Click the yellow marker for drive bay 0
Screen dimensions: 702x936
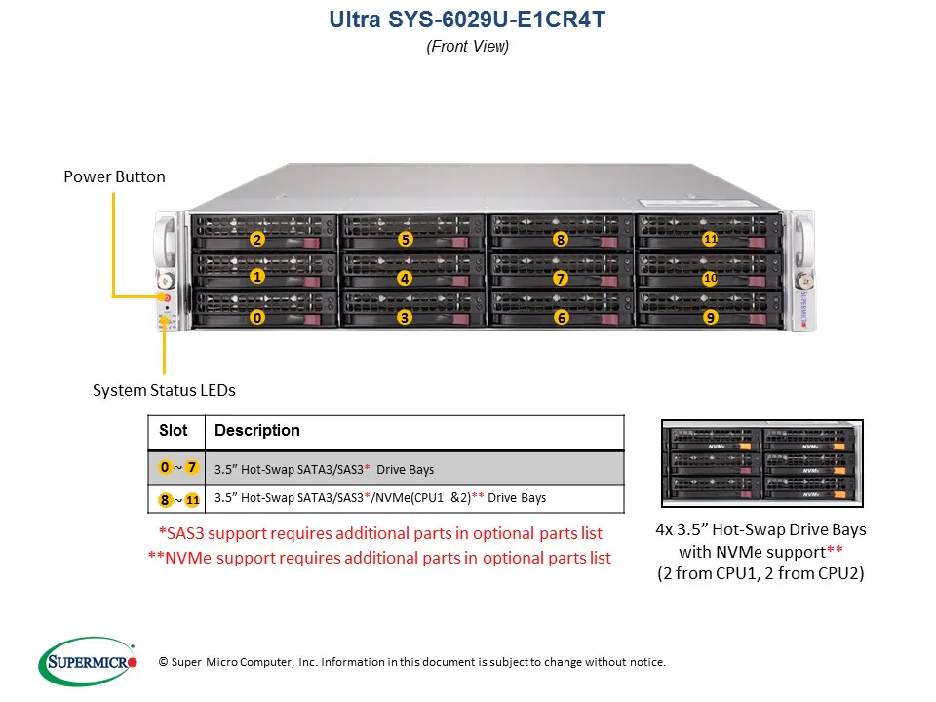[257, 317]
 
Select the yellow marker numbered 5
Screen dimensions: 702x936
[406, 239]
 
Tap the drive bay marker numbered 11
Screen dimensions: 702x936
[710, 239]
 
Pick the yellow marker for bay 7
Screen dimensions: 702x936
[560, 278]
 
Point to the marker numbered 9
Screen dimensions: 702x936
[710, 317]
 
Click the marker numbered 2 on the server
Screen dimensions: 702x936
[257, 239]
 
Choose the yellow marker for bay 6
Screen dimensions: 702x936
[561, 317]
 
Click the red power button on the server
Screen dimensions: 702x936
[166, 296]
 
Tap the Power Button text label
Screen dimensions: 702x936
[114, 176]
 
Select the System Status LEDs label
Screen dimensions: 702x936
[164, 390]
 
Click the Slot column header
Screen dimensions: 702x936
[174, 430]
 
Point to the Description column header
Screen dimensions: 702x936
[257, 430]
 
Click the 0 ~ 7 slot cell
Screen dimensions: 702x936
[179, 468]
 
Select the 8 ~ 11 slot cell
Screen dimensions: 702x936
[179, 499]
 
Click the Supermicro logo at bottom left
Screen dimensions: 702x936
[89, 662]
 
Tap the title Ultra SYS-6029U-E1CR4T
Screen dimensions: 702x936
[467, 19]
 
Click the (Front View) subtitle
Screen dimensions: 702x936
[467, 46]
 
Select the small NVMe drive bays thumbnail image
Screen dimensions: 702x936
[761, 464]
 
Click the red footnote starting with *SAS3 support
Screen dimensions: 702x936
[380, 533]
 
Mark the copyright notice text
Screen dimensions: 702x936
[411, 662]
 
